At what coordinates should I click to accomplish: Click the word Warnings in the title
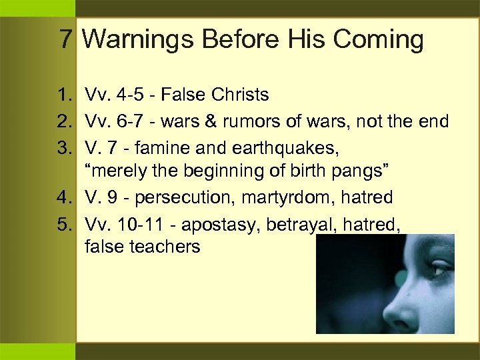tap(138, 40)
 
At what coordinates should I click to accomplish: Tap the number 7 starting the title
tap(65, 40)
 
